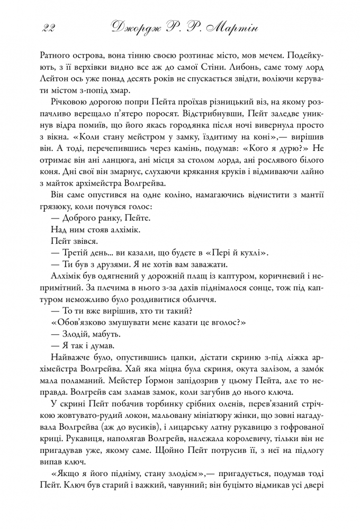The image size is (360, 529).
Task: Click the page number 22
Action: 48,28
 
